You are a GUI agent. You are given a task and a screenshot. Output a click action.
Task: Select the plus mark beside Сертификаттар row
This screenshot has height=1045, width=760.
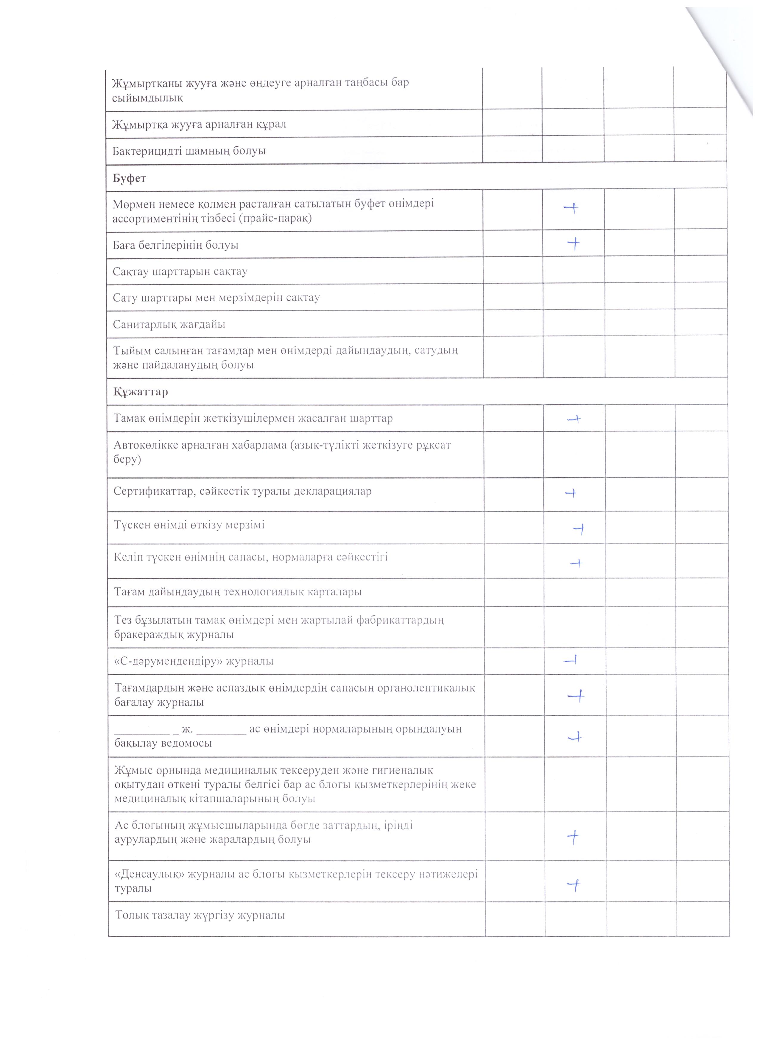coord(571,493)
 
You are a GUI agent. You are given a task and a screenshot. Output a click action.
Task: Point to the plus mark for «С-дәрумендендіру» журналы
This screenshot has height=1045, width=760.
coord(571,661)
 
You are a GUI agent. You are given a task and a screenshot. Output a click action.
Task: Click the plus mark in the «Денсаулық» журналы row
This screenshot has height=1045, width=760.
coord(574,884)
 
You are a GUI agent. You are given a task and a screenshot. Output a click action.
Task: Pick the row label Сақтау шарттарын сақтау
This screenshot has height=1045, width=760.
coord(180,272)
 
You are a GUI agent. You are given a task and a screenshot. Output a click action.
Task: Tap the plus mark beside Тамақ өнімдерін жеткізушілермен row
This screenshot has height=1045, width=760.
coord(574,419)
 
